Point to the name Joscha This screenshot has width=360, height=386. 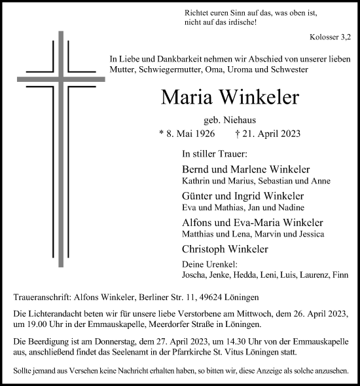click(x=195, y=276)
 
